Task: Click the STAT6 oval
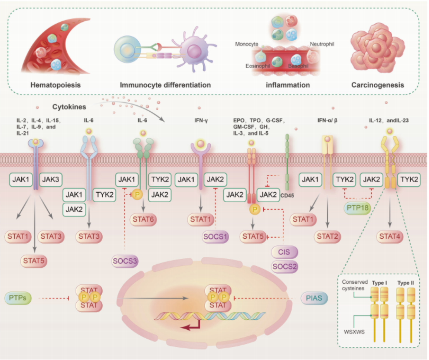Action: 143,220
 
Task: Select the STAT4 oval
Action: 390,236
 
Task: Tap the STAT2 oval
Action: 328,236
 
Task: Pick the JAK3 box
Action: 51,179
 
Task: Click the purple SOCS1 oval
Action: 215,236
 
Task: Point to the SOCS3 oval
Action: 125,261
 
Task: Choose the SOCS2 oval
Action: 285,266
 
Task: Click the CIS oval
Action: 284,252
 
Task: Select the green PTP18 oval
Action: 357,208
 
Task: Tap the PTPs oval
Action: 18,298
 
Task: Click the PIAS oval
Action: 314,298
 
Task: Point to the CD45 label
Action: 287,195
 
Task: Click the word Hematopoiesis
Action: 55,85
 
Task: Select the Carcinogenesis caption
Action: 378,85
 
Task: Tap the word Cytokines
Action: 69,107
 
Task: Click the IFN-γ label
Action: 201,121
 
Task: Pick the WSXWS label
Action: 354,332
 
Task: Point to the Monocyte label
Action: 247,44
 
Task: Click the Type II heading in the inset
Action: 406,283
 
